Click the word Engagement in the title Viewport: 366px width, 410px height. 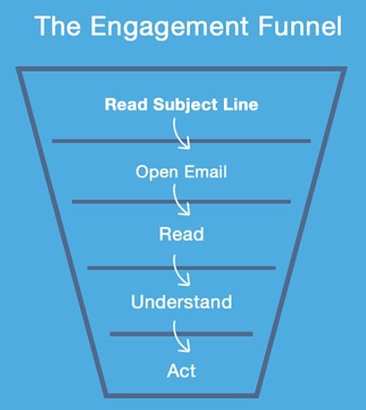coord(169,27)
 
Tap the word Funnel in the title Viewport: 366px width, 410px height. coord(300,25)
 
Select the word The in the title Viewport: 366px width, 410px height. coord(57,25)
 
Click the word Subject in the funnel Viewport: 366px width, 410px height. coord(185,105)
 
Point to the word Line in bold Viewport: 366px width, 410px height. coord(240,104)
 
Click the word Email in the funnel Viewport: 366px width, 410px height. coord(205,171)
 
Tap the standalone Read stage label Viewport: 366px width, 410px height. coord(181,234)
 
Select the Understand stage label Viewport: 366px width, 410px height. coord(181,302)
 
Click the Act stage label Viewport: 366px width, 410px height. coord(181,371)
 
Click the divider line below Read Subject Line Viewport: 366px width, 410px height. coord(181,141)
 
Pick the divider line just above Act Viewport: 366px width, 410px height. coord(181,334)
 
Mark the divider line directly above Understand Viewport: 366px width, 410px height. coord(181,268)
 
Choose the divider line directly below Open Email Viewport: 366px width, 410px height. coord(181,202)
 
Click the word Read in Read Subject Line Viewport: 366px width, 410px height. coord(126,104)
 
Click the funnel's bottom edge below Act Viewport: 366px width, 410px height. coord(181,395)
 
